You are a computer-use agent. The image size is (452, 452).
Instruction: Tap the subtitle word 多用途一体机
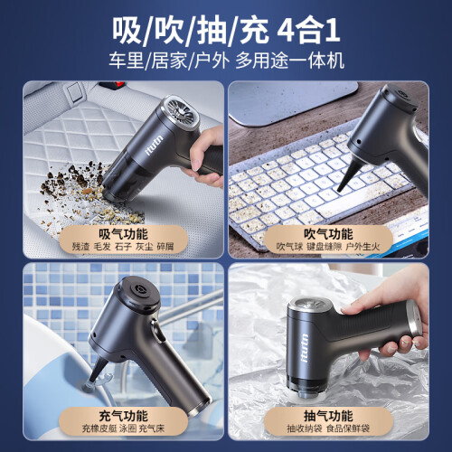click(289, 61)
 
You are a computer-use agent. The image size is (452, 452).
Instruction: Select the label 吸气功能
click(123, 234)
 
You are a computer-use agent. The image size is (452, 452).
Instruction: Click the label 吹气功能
click(328, 234)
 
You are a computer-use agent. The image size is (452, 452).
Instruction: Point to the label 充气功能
click(123, 416)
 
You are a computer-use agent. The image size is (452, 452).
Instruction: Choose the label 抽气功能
click(328, 416)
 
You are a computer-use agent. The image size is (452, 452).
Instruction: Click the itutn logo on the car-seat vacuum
click(155, 146)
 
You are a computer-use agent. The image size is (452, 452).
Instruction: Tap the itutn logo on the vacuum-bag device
click(304, 348)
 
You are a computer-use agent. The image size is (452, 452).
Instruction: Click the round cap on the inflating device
click(139, 292)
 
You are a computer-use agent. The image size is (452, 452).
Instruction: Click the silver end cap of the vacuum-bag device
click(414, 319)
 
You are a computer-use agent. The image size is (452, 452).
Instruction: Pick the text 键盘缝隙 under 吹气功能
click(325, 247)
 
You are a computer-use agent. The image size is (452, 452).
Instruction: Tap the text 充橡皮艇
click(99, 428)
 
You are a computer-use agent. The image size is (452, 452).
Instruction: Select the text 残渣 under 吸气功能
click(80, 247)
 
